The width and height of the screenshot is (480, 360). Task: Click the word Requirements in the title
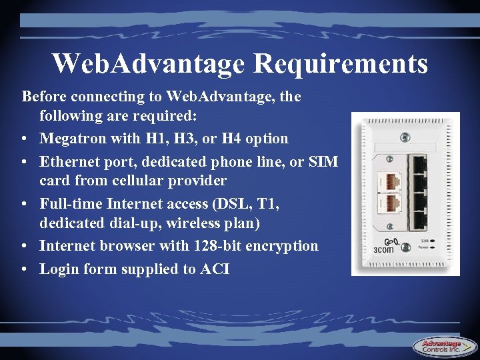[341, 64]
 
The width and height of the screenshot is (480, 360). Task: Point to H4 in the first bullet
[235, 139]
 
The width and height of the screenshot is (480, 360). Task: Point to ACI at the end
[213, 269]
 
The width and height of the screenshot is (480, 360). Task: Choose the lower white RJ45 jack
[389, 204]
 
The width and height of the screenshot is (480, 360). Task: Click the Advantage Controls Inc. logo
[443, 346]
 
